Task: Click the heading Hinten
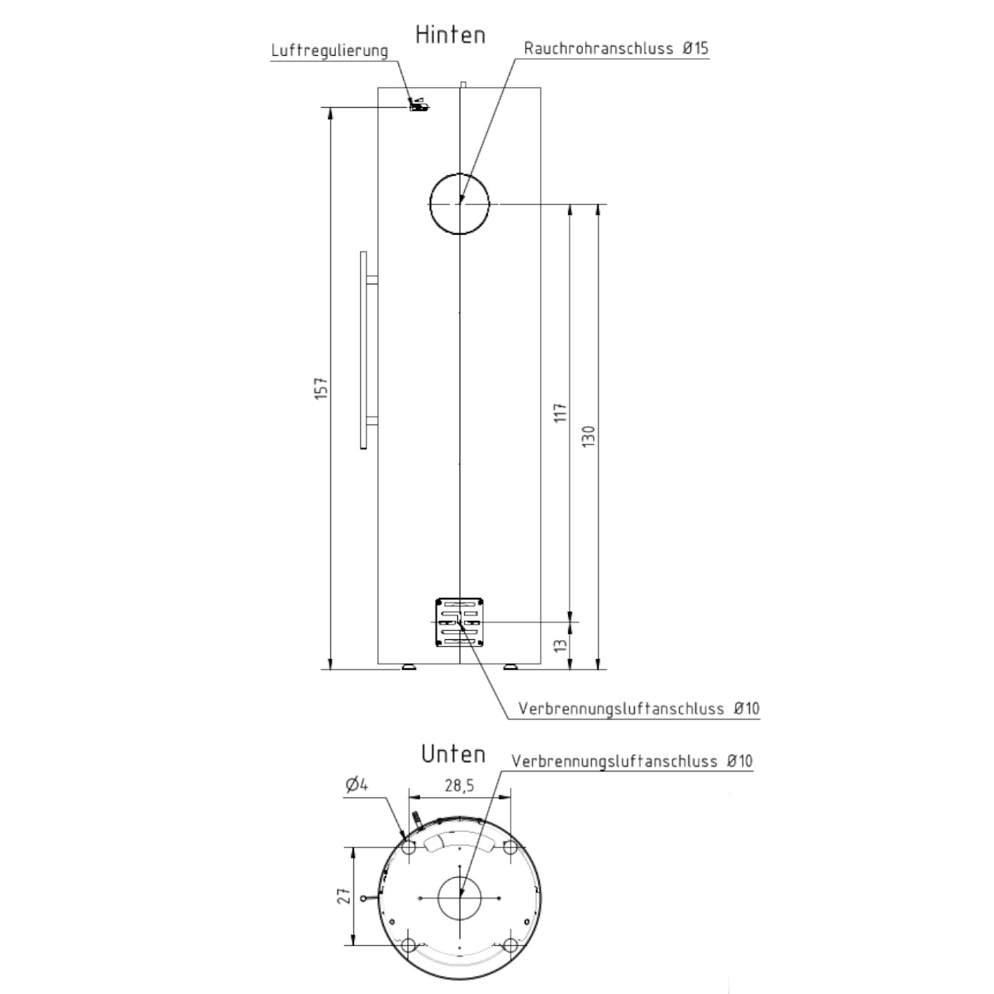click(x=450, y=35)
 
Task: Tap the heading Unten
click(x=453, y=754)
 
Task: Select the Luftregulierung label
click(x=330, y=51)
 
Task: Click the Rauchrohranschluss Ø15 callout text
click(x=616, y=48)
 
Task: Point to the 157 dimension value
click(x=321, y=388)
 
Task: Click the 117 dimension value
click(x=560, y=413)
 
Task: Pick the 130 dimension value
click(x=589, y=437)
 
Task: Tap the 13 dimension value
click(x=560, y=645)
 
